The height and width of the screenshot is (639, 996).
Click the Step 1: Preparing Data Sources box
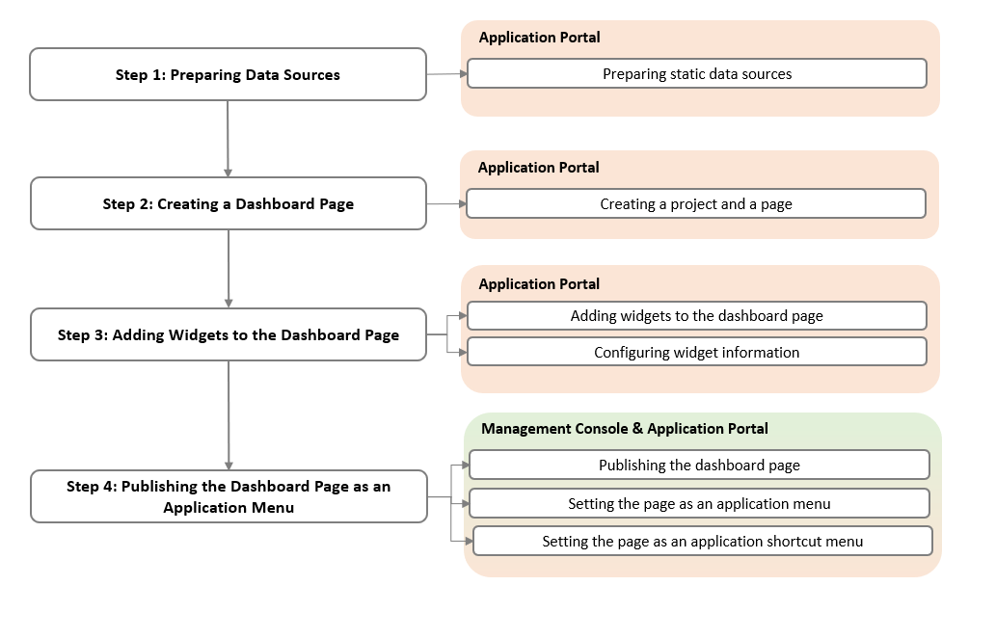228,74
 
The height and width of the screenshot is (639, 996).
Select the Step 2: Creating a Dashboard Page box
228,203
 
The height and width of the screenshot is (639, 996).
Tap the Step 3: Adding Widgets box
228,334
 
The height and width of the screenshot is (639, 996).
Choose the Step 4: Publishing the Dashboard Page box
228,496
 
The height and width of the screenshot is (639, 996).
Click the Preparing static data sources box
696,73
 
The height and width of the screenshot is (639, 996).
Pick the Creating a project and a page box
696,203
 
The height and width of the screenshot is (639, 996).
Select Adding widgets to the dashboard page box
696,315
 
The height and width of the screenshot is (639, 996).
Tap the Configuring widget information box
696,352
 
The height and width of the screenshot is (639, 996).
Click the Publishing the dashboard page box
699,465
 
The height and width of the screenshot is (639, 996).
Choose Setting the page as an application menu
699,503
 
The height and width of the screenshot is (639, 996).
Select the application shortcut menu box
702,541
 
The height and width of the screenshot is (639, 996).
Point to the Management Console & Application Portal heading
625,428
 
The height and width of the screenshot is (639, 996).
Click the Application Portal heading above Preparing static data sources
539,38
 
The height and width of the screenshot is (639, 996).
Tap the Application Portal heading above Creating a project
538,167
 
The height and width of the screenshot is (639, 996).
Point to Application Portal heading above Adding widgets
539,283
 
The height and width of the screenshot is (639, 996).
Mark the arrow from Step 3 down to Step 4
229,414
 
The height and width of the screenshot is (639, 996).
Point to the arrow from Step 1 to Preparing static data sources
446,73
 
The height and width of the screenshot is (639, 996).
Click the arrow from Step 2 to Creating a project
446,203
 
